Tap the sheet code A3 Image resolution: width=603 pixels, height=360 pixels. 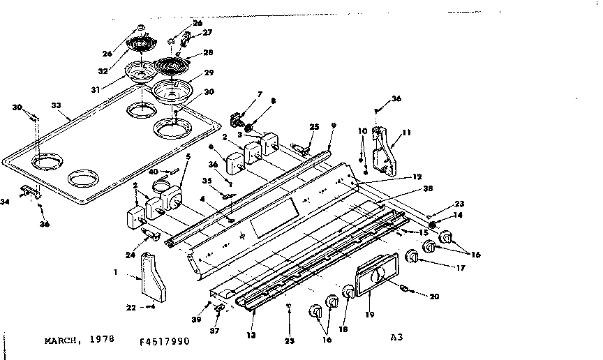pyautogui.click(x=397, y=337)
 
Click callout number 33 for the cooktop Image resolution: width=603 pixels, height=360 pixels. pyautogui.click(x=57, y=106)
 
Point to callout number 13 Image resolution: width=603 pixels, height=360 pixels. pyautogui.click(x=251, y=336)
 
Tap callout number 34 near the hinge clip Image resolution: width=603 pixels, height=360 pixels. pyautogui.click(x=6, y=202)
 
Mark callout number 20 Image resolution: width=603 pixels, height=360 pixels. pyautogui.click(x=435, y=296)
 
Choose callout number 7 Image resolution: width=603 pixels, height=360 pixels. pyautogui.click(x=260, y=93)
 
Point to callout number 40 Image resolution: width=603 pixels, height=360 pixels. pyautogui.click(x=152, y=172)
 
